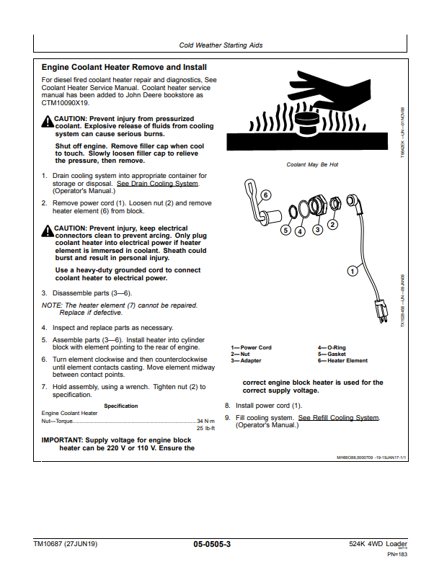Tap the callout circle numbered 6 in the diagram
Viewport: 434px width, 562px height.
tap(266, 195)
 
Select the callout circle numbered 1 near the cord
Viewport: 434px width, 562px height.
tap(353, 271)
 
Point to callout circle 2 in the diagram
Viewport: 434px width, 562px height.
tap(332, 223)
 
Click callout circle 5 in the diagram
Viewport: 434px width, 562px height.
tap(285, 231)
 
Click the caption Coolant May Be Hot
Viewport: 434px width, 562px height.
tap(312, 164)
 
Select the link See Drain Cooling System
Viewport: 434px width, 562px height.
tap(158, 184)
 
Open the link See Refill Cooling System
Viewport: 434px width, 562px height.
tap(338, 418)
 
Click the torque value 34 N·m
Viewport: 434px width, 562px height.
tap(205, 421)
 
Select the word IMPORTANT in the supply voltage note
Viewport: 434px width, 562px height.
tap(62, 440)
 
